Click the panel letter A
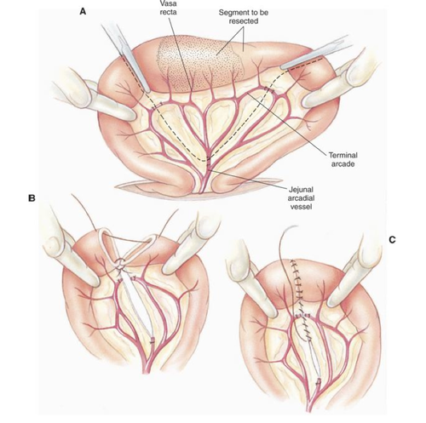coord(83,12)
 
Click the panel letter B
coord(32,197)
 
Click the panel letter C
coord(392,240)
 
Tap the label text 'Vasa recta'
coord(169,8)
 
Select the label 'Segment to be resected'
coord(244,17)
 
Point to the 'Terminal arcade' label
coord(343,159)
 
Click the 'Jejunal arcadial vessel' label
coord(302,197)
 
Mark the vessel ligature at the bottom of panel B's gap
coord(153,340)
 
